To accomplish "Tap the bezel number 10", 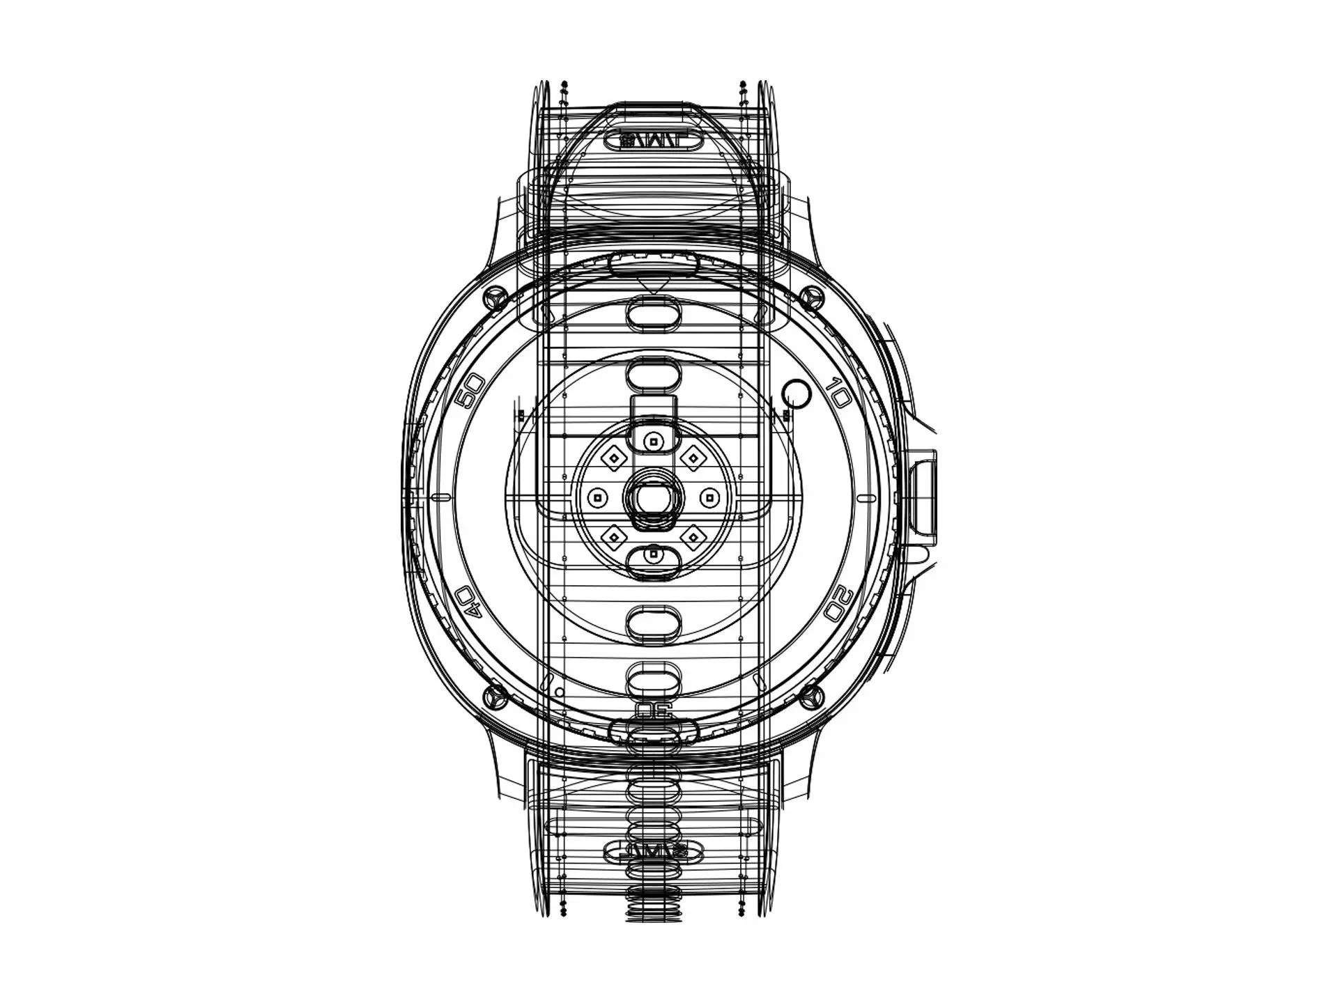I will [x=838, y=394].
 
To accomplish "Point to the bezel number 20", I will [x=838, y=603].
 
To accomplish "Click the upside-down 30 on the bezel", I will [x=654, y=711].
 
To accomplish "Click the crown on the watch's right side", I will [x=923, y=496].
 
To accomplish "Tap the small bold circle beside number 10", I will [x=797, y=394].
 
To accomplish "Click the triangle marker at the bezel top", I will [x=653, y=285].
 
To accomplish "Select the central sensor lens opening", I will [x=654, y=497].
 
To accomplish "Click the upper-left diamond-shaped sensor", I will [x=614, y=458].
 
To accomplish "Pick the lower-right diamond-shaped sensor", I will [x=693, y=536].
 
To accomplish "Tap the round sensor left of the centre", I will [x=597, y=497].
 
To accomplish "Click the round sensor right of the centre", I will [x=709, y=497].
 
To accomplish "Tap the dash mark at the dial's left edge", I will [x=441, y=497].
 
